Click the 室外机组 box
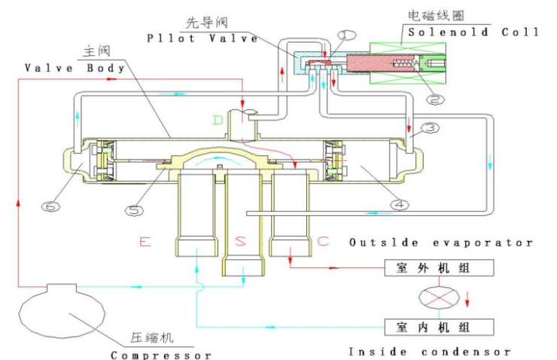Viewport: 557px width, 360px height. [439, 267]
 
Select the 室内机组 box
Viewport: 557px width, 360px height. [439, 326]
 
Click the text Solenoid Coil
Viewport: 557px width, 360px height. [473, 32]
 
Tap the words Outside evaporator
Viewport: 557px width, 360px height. [441, 243]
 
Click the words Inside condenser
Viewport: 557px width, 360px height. [430, 351]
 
